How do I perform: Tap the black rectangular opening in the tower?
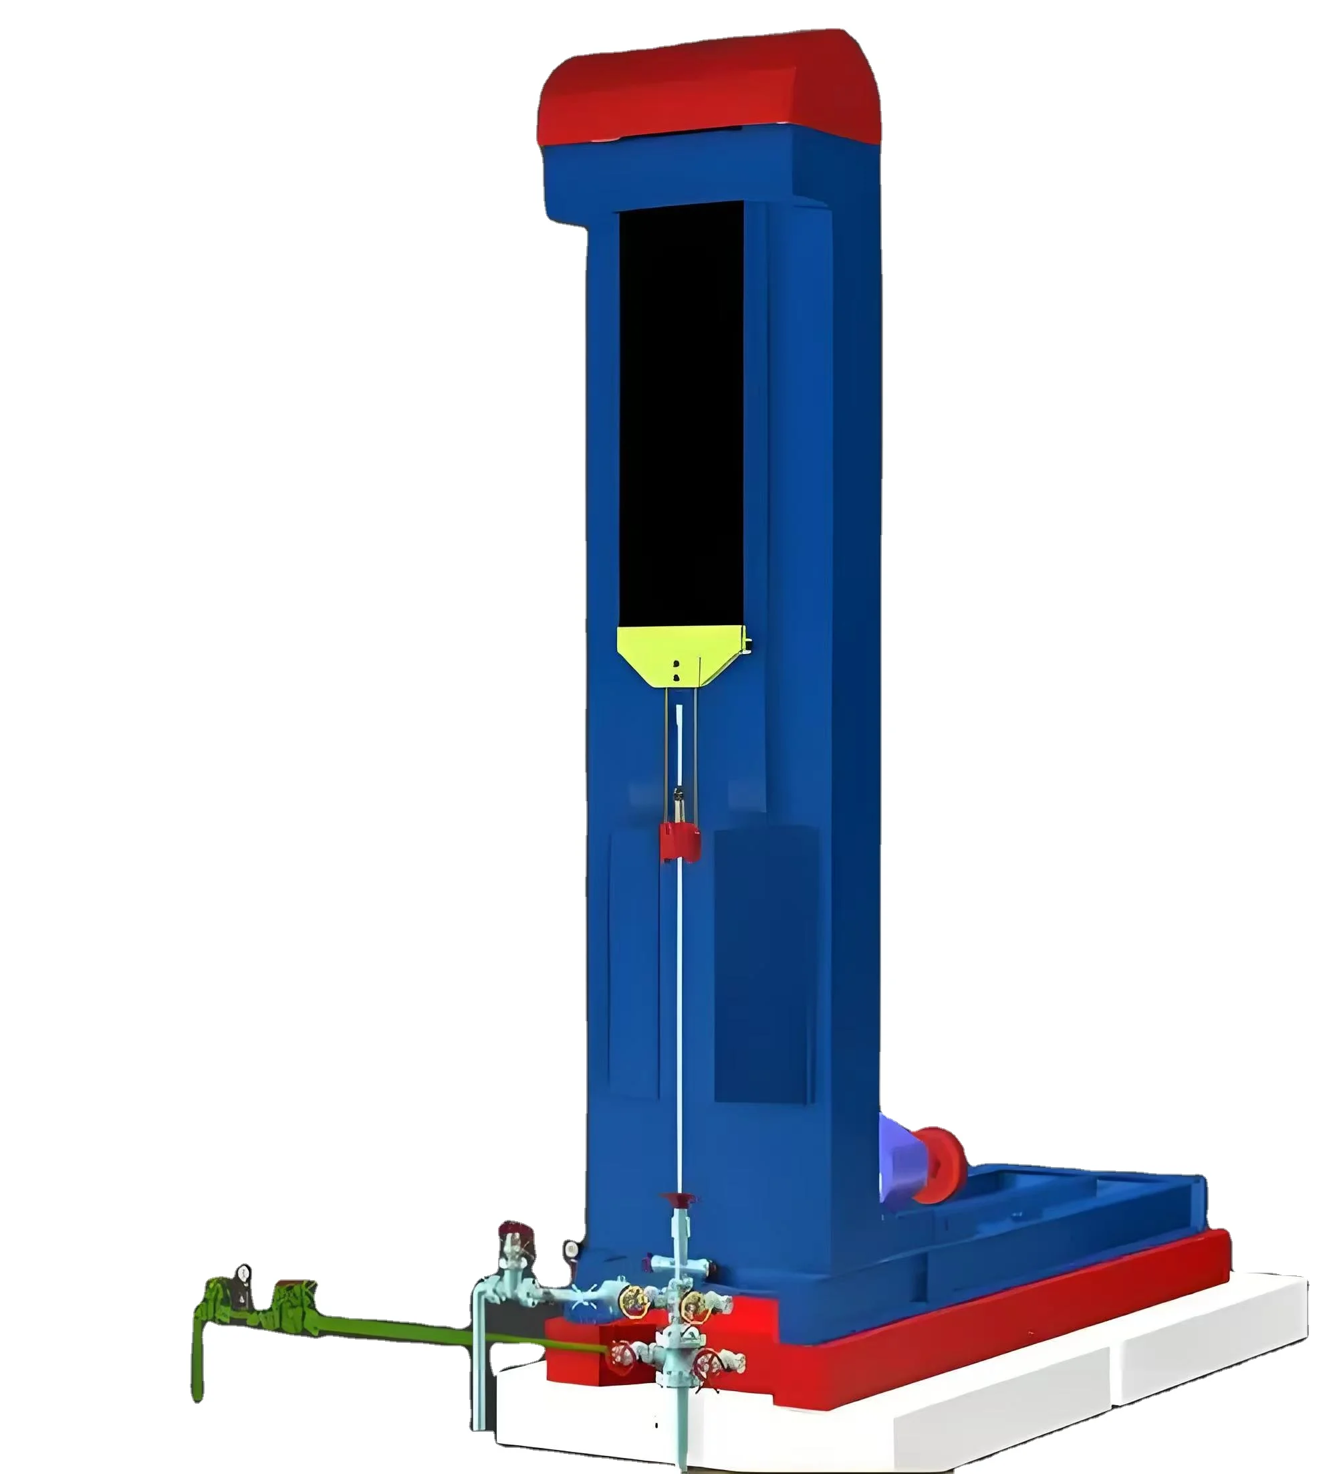point(681,417)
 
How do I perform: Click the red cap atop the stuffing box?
point(678,1199)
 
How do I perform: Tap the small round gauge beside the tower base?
point(570,1249)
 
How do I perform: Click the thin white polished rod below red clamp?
point(679,1024)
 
